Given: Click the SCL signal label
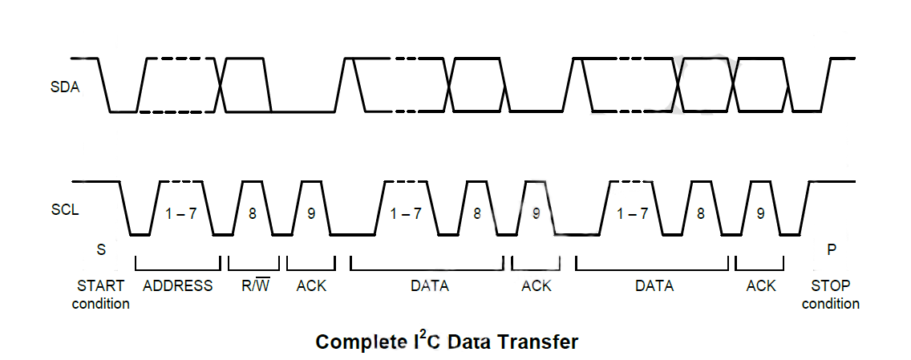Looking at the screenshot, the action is click(x=64, y=209).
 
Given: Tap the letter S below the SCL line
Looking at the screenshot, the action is click(x=101, y=249).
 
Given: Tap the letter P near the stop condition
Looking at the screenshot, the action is click(x=832, y=249).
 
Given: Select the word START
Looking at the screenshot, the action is click(x=101, y=285).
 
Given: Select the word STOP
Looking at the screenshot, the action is click(x=831, y=285).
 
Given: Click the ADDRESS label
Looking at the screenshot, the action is click(x=178, y=285).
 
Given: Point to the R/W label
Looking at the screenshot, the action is click(x=253, y=285).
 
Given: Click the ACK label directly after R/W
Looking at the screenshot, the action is click(x=311, y=285).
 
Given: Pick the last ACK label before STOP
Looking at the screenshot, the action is click(x=760, y=285).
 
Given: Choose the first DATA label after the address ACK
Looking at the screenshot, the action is click(x=430, y=285).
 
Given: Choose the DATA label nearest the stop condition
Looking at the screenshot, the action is click(x=654, y=285).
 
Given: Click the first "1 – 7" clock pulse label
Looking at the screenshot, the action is click(x=180, y=214).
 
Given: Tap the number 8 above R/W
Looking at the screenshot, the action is click(x=252, y=214).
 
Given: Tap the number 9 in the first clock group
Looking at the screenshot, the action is click(x=311, y=214).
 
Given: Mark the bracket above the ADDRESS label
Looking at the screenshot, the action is click(x=178, y=269).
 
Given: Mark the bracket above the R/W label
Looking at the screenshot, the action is click(x=253, y=269).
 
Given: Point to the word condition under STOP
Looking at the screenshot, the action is click(x=831, y=303).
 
